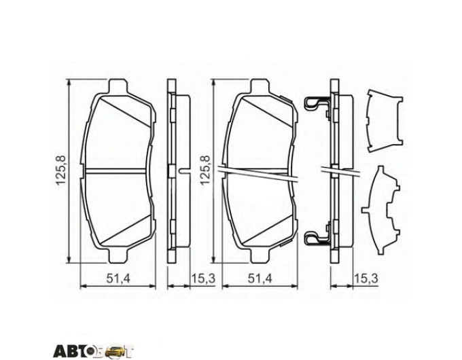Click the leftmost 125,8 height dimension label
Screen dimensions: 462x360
point(60,170)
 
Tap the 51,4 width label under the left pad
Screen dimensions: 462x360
point(118,278)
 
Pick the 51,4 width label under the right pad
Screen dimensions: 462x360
point(260,278)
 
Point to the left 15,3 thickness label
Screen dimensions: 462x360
point(204,278)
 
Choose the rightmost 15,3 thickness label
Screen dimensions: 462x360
point(366,278)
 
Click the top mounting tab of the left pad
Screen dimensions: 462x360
point(118,86)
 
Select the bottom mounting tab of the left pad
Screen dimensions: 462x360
point(118,255)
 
